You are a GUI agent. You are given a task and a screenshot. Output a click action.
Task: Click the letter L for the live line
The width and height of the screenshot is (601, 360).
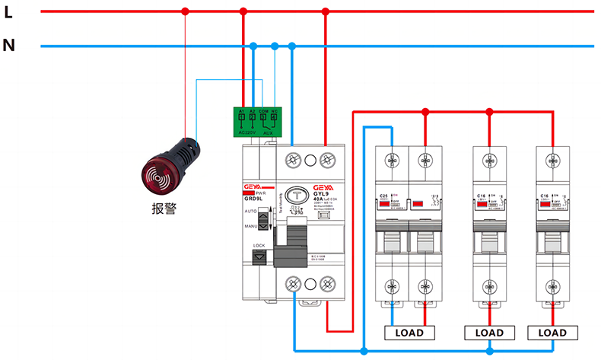pyautogui.click(x=8, y=11)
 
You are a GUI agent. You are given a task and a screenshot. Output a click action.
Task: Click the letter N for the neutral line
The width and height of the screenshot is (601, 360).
pyautogui.click(x=8, y=46)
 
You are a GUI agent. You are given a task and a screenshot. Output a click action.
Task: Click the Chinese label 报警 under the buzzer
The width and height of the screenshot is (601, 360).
pyautogui.click(x=164, y=208)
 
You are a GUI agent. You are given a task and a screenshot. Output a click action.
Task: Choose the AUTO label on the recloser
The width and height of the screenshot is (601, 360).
pyautogui.click(x=250, y=211)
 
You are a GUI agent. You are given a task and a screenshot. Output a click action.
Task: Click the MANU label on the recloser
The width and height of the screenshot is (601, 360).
pyautogui.click(x=250, y=226)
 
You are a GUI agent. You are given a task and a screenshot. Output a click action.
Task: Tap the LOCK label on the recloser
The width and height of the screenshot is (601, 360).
pyautogui.click(x=259, y=246)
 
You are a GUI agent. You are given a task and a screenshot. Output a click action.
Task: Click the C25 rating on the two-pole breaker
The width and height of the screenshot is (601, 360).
pyautogui.click(x=384, y=196)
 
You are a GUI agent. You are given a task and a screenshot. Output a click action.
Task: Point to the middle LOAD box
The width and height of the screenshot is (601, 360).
pyautogui.click(x=489, y=333)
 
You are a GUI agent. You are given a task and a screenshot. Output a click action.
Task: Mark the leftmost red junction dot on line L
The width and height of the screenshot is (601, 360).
pyautogui.click(x=185, y=11)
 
